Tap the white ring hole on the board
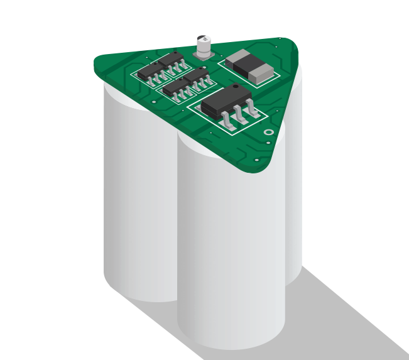268,132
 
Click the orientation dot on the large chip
235,86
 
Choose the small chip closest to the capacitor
171,60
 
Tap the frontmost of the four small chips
176,87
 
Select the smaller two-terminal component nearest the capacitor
238,58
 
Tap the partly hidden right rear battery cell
293,188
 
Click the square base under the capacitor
204,56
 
